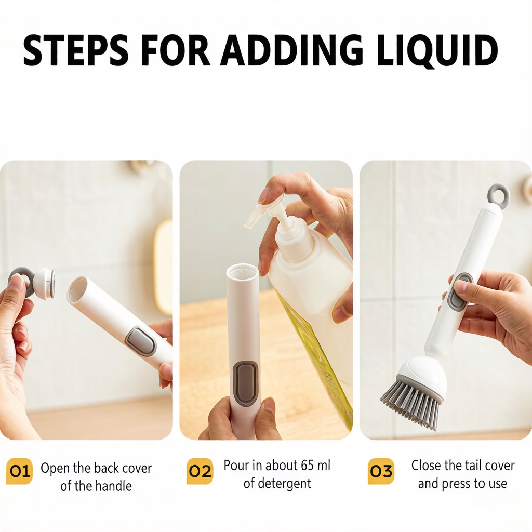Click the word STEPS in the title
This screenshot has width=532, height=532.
(75, 50)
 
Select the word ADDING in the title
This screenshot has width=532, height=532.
(292, 50)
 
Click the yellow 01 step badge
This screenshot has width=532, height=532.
(19, 471)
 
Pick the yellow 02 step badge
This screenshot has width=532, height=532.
(200, 471)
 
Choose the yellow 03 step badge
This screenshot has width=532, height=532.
(381, 471)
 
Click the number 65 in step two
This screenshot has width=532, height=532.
(307, 465)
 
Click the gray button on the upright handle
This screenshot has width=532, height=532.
(246, 383)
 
